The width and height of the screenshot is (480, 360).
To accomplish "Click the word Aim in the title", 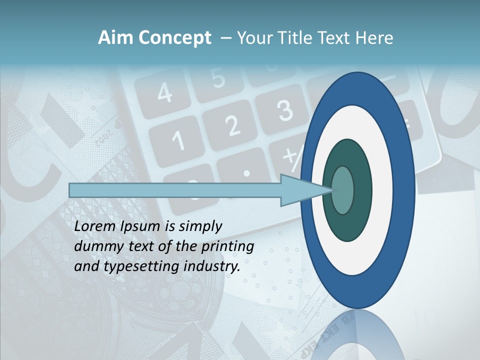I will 116,38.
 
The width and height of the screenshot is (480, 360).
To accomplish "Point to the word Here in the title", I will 374,38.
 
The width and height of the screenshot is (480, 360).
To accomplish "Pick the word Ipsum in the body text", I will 141,226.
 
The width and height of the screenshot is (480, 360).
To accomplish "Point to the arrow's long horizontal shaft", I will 175,190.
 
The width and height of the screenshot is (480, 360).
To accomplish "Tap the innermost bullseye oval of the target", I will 343,190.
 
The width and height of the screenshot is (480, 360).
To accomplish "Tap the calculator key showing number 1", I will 178,142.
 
